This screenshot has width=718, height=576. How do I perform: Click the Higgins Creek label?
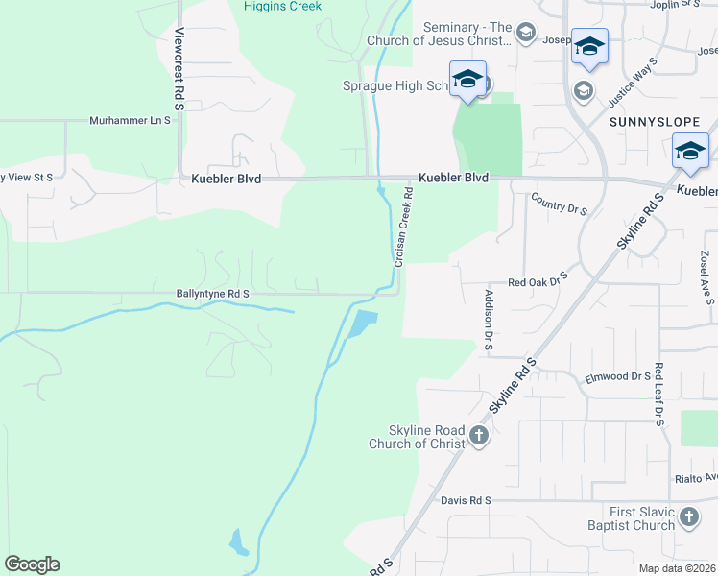(282, 6)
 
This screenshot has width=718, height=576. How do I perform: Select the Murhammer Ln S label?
(130, 121)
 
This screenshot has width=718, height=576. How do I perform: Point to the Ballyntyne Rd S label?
(213, 294)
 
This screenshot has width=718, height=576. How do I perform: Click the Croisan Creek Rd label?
(402, 227)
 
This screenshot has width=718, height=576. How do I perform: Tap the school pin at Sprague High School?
(467, 80)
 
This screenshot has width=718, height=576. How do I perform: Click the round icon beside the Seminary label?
(525, 35)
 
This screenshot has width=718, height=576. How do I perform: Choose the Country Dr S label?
(559, 203)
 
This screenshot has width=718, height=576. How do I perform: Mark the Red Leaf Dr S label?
(659, 395)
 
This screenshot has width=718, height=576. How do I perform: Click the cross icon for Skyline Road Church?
(478, 437)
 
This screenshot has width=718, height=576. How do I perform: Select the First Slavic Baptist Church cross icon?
(689, 519)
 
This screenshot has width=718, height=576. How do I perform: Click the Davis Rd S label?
(467, 500)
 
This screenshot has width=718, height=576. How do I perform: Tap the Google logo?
(32, 564)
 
